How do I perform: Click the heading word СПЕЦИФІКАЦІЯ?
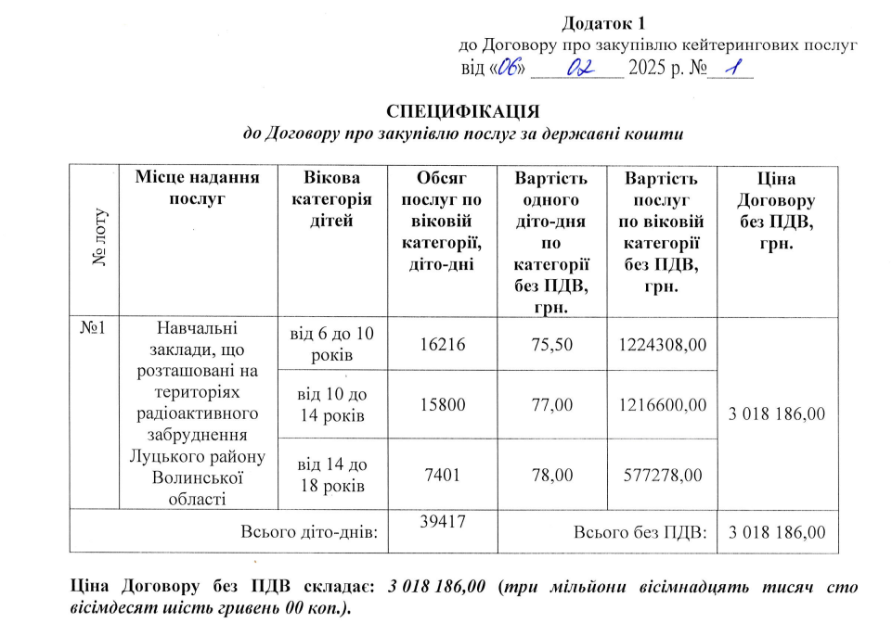(462, 111)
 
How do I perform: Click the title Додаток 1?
(602, 22)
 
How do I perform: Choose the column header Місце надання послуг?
(197, 187)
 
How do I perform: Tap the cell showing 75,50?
(551, 345)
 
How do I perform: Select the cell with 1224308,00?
(662, 345)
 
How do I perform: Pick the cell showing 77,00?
(551, 405)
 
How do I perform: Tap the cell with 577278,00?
(662, 475)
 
